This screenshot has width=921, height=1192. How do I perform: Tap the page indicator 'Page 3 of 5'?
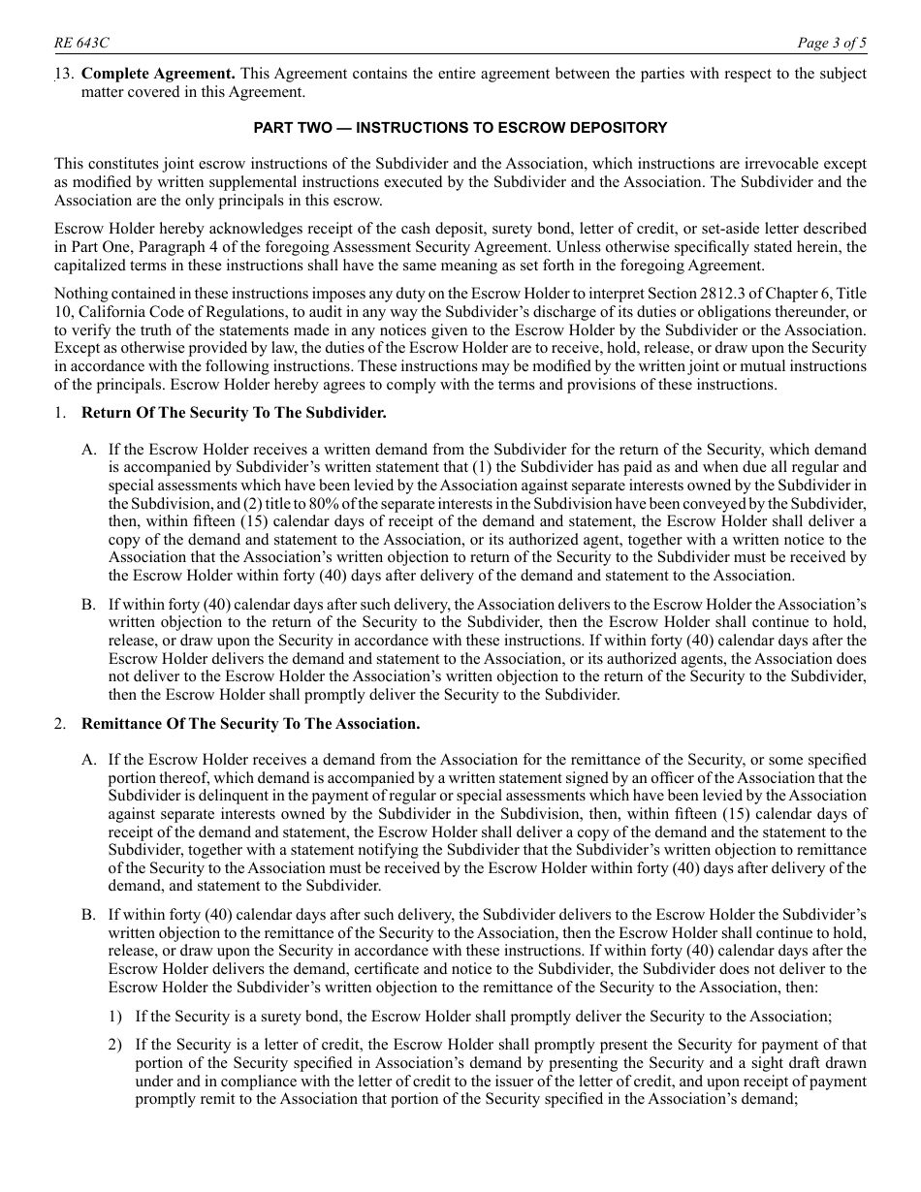point(831,43)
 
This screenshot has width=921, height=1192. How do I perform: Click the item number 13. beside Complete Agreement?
point(64,74)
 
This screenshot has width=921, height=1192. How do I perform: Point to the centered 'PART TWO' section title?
point(460,128)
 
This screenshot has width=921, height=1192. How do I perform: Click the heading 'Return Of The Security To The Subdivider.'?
point(234,413)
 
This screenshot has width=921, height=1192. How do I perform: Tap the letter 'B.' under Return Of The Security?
point(89,605)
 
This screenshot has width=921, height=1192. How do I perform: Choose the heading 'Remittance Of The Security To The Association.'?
point(250,723)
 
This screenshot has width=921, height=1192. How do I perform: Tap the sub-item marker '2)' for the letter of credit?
point(115,1045)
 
